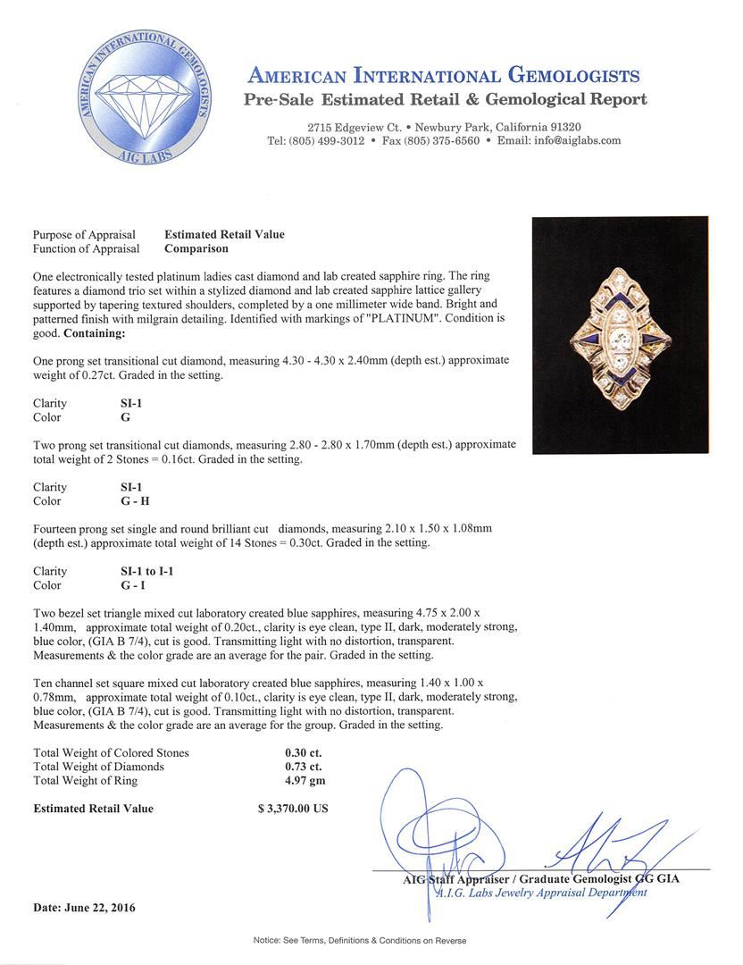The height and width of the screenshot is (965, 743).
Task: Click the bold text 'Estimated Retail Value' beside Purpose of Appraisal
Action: pyautogui.click(x=224, y=234)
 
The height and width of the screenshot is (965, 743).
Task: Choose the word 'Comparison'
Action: pyautogui.click(x=196, y=248)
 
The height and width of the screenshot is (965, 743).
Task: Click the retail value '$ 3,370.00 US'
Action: pyautogui.click(x=293, y=809)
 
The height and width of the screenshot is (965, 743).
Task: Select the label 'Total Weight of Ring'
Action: pyautogui.click(x=86, y=781)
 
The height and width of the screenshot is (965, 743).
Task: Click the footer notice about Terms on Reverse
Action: pyautogui.click(x=371, y=941)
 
